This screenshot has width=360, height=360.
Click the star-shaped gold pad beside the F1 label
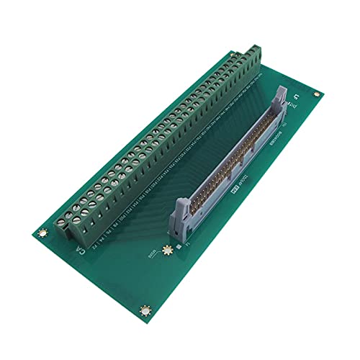(x=167, y=249)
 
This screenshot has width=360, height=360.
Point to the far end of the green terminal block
(x=256, y=54)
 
